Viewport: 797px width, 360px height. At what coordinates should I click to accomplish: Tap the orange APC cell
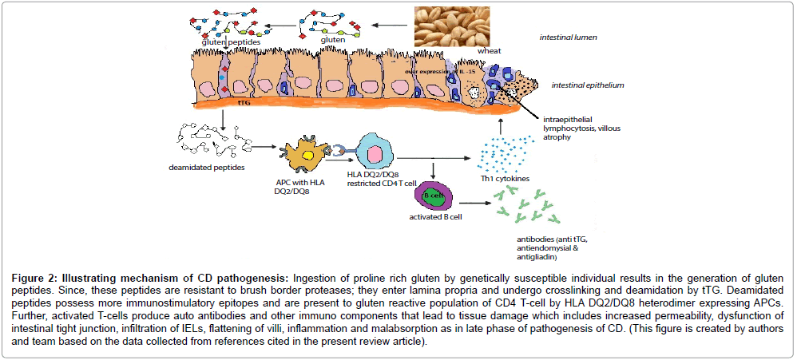coord(301,152)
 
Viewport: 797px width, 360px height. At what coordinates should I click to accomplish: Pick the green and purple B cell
coord(436,196)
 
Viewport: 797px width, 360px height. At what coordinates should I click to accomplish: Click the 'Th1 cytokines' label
coord(505,179)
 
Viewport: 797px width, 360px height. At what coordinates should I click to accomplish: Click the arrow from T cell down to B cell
coord(432,171)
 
